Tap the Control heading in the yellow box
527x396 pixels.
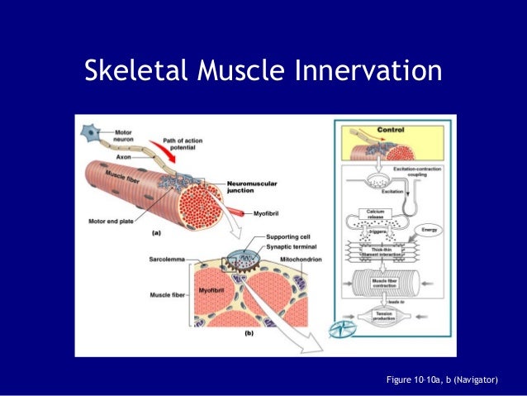tap(391, 130)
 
